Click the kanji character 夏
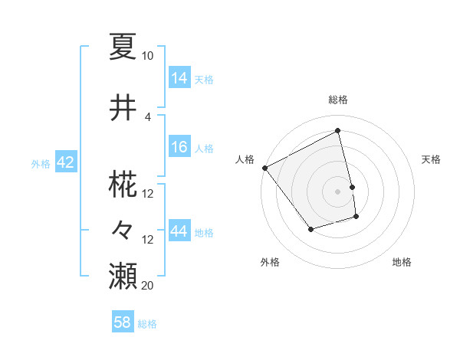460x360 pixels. tap(123, 47)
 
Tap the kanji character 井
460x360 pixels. tap(123, 108)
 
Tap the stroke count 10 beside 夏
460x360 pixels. tap(148, 56)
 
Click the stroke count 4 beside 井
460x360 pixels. tap(148, 116)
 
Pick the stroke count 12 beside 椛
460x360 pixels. tap(148, 194)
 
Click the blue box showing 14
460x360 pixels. tap(179, 77)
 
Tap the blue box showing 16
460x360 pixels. tap(179, 147)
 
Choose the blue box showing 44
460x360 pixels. tap(179, 231)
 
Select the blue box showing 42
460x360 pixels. tap(64, 162)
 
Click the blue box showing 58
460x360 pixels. tap(123, 322)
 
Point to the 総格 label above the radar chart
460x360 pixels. tap(337, 100)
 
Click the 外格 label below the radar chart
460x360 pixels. tap(270, 262)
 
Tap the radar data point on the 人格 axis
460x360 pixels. tap(264, 168)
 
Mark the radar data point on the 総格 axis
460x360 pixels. tap(337, 131)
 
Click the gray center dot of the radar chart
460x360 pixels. tap(337, 191)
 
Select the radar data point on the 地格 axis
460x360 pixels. tap(356, 218)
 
